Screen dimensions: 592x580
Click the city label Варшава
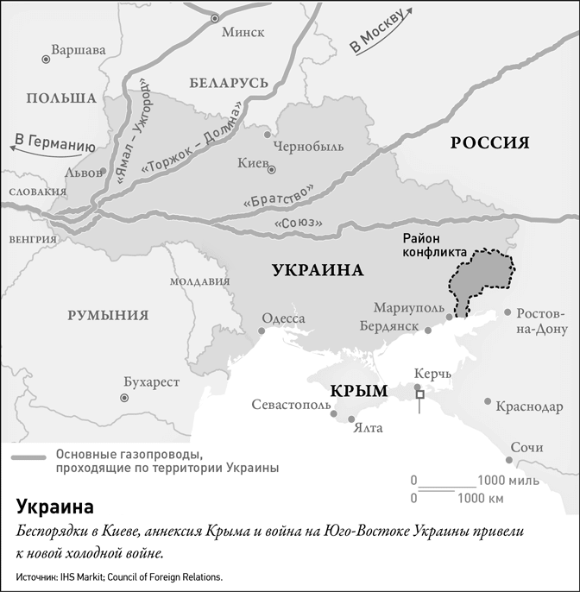point(79,50)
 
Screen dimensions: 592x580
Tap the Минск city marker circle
point(215,17)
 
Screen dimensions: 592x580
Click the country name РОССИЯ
point(490,143)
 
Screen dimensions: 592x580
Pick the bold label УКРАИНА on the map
point(317,270)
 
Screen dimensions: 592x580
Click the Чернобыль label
point(308,146)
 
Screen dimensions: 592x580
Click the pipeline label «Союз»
point(296,224)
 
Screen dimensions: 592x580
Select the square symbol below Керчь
point(420,394)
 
